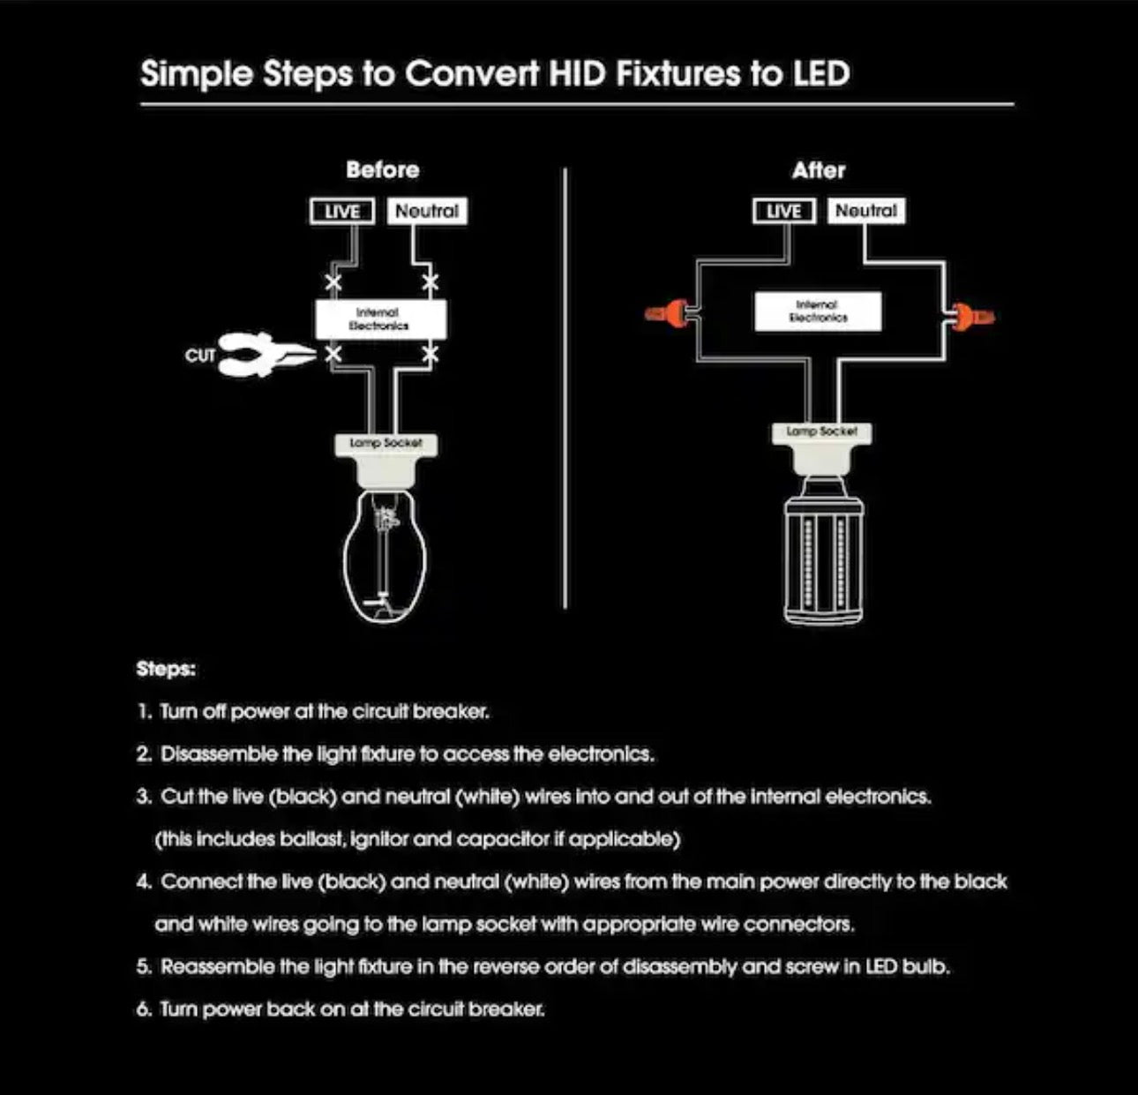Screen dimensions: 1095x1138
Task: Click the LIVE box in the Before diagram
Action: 342,212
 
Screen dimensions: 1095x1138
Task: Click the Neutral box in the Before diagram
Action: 427,212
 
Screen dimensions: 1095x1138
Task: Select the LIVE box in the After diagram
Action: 783,212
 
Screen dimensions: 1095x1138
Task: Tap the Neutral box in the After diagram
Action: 866,212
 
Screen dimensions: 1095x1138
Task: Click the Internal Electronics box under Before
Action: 381,319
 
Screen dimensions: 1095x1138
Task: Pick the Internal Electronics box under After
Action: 818,311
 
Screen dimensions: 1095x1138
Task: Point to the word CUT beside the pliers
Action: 200,356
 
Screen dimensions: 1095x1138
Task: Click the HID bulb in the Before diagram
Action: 385,556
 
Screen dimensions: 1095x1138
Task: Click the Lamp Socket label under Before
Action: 386,443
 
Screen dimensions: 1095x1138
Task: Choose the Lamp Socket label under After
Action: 821,431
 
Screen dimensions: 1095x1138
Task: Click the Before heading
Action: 383,170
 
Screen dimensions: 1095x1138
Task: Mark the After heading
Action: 819,170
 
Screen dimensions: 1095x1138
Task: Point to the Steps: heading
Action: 166,669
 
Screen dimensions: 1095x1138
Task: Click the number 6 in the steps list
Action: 144,1009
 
